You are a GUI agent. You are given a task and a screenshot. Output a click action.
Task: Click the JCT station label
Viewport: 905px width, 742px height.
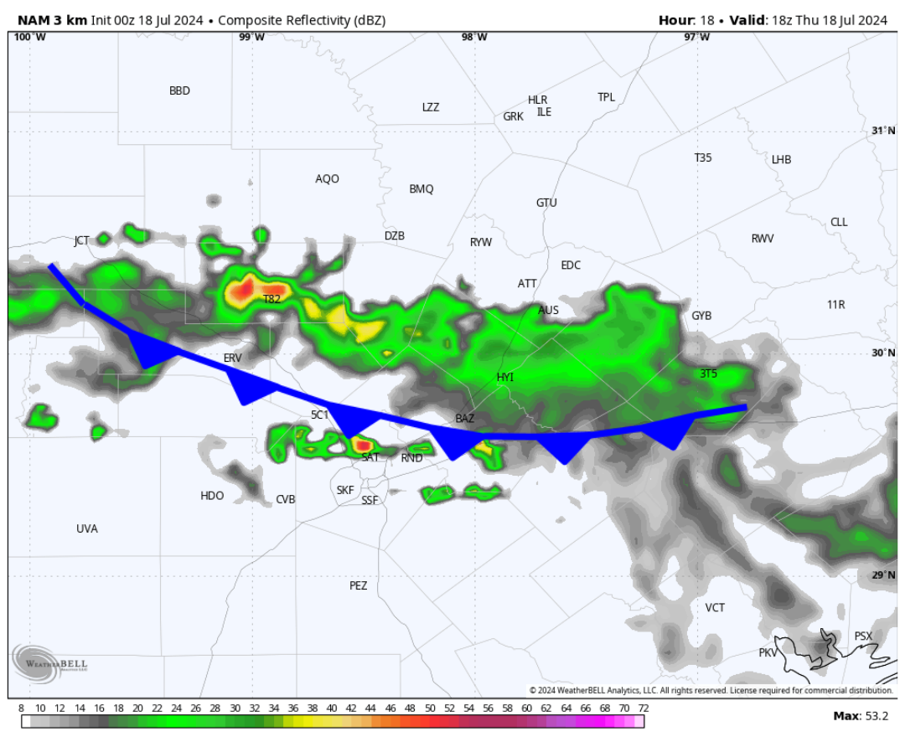[x=81, y=241]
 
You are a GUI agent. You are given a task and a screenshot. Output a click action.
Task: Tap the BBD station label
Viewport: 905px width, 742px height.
[x=179, y=91]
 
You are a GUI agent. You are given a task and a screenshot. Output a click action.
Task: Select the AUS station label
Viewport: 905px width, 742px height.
[x=548, y=311]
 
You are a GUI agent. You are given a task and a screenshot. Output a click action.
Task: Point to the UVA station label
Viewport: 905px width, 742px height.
[x=87, y=529]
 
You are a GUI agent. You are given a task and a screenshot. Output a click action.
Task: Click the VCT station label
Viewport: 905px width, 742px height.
[x=715, y=608]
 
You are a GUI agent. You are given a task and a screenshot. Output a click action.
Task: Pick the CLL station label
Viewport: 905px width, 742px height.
[x=839, y=223]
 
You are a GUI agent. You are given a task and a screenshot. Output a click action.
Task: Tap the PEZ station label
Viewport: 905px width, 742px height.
[x=359, y=586]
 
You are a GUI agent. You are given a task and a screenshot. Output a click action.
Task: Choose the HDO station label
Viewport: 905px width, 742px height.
[x=212, y=497]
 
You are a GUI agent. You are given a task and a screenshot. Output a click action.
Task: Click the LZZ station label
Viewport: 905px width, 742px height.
[x=431, y=108]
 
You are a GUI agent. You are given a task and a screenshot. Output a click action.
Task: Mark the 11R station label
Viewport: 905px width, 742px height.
[x=835, y=305]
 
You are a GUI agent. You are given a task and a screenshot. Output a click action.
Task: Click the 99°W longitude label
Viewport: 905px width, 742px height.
[x=251, y=37]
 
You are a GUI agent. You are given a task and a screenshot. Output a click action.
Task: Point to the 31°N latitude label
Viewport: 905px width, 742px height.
[x=883, y=131]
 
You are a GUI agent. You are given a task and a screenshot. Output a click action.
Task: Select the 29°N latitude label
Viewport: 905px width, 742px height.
[x=883, y=575]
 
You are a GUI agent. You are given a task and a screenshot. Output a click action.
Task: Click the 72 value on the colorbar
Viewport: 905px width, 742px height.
[x=642, y=709]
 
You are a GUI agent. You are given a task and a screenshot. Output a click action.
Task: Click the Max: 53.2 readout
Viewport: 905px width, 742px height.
[x=861, y=716]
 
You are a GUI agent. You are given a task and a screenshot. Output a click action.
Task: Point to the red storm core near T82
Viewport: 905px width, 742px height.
[x=242, y=291]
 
